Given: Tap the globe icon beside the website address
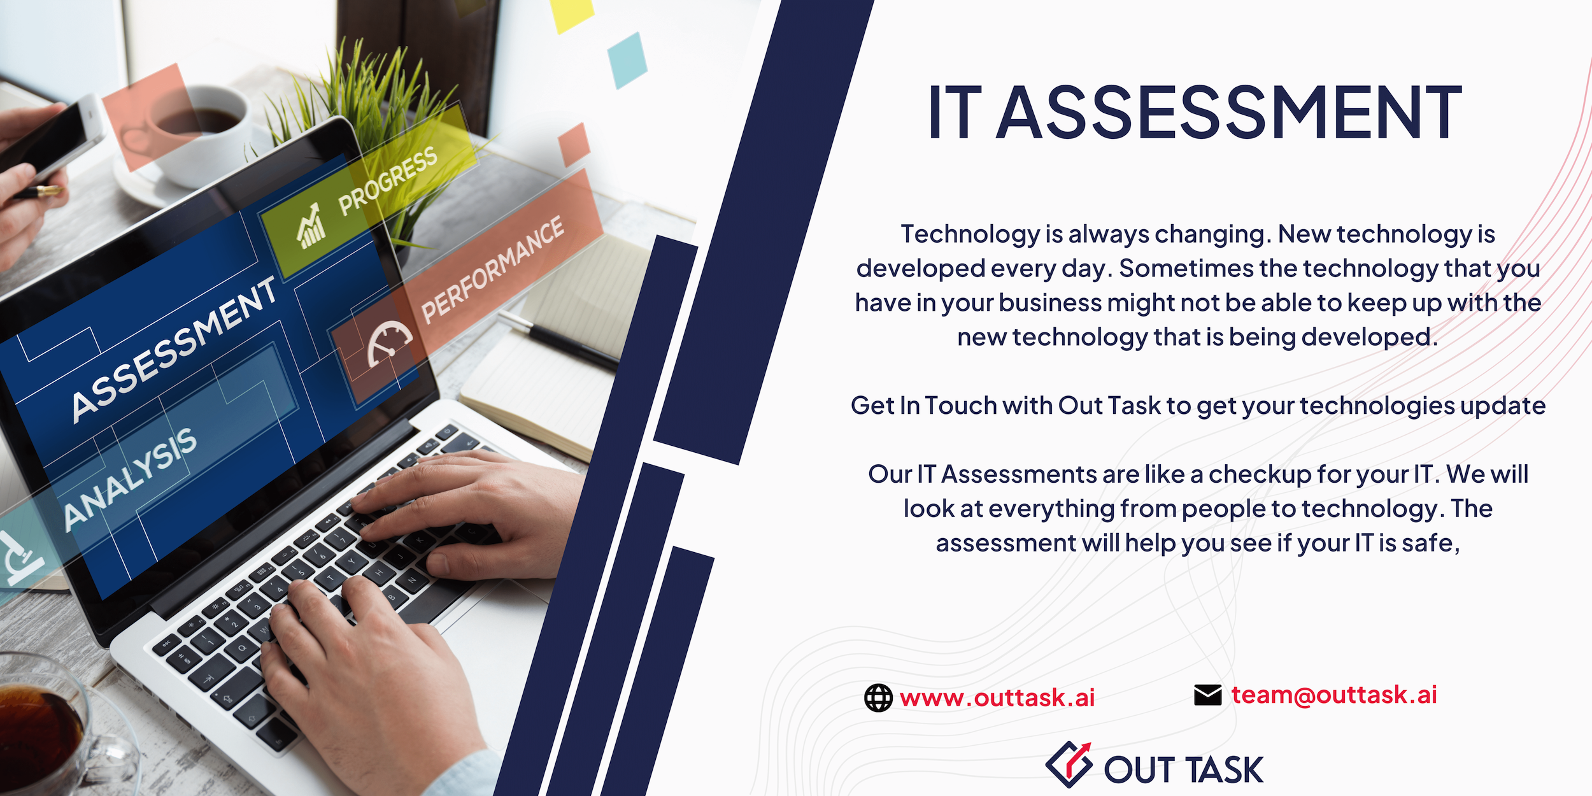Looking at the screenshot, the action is (x=878, y=698).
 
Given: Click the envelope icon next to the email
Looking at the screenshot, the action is (x=1207, y=695).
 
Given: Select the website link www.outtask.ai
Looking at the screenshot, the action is (x=997, y=698).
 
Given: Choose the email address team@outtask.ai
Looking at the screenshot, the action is (x=1334, y=695).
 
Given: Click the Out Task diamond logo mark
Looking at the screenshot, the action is (x=1069, y=764).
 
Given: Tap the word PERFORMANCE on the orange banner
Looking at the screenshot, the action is (x=492, y=269).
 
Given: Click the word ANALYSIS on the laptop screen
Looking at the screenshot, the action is (x=131, y=478).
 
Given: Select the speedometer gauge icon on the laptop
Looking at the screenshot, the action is (x=389, y=343).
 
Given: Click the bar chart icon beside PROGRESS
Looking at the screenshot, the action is (x=311, y=226).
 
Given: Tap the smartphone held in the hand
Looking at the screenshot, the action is (x=51, y=137).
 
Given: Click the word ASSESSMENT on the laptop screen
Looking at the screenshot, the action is (x=174, y=350).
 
